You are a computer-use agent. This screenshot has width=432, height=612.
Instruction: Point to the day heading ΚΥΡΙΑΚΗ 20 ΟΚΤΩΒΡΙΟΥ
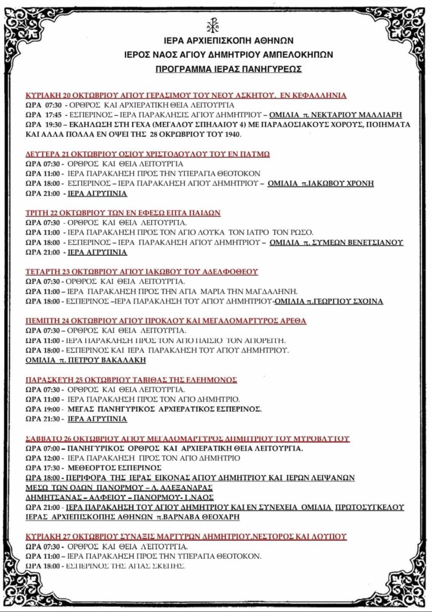click(70, 96)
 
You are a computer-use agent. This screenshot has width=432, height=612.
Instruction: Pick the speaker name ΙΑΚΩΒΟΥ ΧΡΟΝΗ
click(342, 183)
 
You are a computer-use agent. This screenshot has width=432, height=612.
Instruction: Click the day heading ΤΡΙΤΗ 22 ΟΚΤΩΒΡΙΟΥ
click(65, 212)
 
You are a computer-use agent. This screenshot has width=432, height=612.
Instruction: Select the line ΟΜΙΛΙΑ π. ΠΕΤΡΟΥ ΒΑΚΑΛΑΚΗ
click(85, 360)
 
